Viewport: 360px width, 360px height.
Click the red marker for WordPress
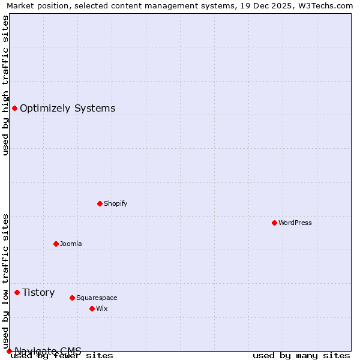[274, 223]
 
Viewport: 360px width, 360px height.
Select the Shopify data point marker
[100, 203]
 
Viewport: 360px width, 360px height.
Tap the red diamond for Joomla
[56, 244]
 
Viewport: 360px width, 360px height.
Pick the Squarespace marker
[72, 298]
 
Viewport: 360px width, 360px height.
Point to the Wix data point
[92, 308]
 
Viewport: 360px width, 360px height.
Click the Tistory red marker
[17, 292]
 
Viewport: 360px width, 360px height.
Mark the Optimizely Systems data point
[14, 108]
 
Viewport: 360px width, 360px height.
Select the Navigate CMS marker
[9, 351]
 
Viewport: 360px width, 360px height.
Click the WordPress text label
[295, 223]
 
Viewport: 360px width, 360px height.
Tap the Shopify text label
[116, 203]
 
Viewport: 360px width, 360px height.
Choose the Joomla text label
[71, 244]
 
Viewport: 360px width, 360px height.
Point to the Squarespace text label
[97, 298]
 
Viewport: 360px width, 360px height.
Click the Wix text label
[101, 308]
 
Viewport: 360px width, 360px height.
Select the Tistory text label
[38, 292]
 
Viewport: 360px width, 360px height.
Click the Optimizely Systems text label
[67, 108]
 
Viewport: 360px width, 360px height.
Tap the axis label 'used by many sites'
[301, 355]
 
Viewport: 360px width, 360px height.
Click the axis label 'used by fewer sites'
[62, 355]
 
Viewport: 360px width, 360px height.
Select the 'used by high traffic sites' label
[5, 85]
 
